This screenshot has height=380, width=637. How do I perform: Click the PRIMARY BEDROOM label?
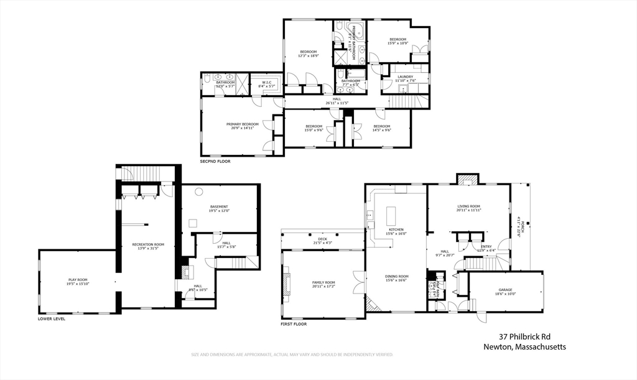click(242, 124)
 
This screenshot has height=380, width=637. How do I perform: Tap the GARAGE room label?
click(505, 290)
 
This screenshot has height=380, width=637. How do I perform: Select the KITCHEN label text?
click(397, 229)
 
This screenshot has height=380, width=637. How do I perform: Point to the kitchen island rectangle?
click(391, 216)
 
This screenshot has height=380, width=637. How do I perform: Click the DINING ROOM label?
click(397, 276)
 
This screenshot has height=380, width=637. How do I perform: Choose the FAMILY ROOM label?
click(323, 282)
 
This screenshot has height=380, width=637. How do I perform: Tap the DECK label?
click(322, 238)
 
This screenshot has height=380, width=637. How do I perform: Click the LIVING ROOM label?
click(469, 206)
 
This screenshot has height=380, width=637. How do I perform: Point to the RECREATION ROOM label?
click(148, 244)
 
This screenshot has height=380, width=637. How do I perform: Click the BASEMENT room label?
click(218, 206)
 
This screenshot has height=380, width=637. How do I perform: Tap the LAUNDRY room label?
click(405, 77)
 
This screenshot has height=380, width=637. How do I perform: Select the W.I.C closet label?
click(266, 82)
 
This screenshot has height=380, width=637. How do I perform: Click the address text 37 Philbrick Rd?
click(524, 336)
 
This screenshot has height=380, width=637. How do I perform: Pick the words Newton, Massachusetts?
click(524, 347)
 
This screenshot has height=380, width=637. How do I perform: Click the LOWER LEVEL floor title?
click(52, 318)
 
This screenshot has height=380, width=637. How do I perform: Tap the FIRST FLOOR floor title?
click(295, 324)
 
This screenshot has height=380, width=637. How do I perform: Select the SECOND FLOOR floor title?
click(215, 161)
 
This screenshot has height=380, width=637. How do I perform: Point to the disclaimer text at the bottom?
click(292, 355)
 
